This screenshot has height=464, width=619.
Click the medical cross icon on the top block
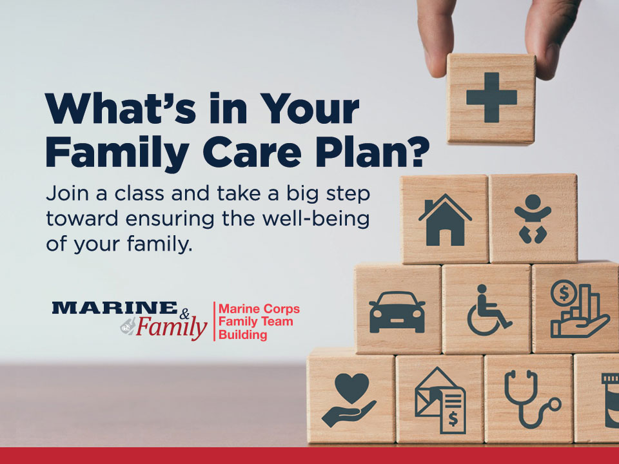tap(491, 97)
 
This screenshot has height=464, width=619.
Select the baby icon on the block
tap(533, 218)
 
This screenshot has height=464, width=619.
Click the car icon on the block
tap(397, 312)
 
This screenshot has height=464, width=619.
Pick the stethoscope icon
tap(531, 398)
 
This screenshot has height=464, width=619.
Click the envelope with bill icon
tap(440, 400)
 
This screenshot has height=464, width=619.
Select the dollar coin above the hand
tap(564, 293)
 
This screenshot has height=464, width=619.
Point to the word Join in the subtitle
tap(66, 193)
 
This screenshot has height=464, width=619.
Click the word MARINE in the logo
tap(115, 308)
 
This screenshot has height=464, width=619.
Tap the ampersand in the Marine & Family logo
tap(184, 314)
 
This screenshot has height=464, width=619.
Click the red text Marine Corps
tap(259, 309)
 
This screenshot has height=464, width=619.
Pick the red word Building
tap(243, 335)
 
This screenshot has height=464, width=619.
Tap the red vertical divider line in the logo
tap(214, 322)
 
